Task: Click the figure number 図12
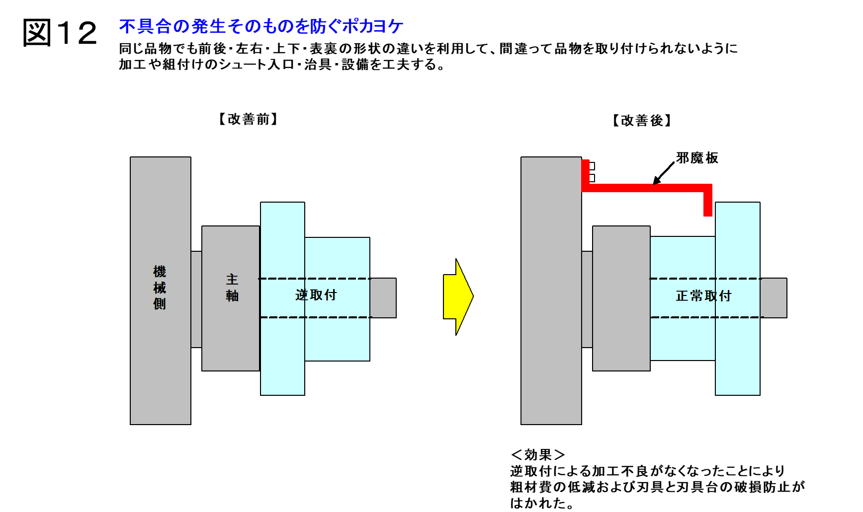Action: pyautogui.click(x=60, y=33)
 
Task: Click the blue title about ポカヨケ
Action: pyautogui.click(x=261, y=26)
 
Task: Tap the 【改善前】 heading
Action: pyautogui.click(x=248, y=119)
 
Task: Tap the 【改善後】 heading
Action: pyautogui.click(x=642, y=121)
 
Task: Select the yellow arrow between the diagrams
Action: pyautogui.click(x=458, y=296)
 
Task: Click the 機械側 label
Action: pyautogui.click(x=160, y=288)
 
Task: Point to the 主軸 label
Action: pyautogui.click(x=232, y=288)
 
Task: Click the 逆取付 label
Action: pyautogui.click(x=316, y=295)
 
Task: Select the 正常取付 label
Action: pyautogui.click(x=703, y=296)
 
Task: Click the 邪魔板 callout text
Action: pyautogui.click(x=697, y=158)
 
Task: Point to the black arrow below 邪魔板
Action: pyautogui.click(x=664, y=173)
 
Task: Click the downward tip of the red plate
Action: pyautogui.click(x=708, y=216)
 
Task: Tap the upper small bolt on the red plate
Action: pyautogui.click(x=592, y=166)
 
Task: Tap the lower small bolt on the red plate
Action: pyautogui.click(x=592, y=178)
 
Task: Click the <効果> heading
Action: pyautogui.click(x=538, y=454)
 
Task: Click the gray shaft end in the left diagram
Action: pyautogui.click(x=383, y=298)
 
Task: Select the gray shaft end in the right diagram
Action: pyautogui.click(x=774, y=298)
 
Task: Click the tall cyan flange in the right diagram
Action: pyautogui.click(x=738, y=298)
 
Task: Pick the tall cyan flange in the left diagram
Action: pyautogui.click(x=282, y=298)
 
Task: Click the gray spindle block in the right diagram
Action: pyautogui.click(x=621, y=298)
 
